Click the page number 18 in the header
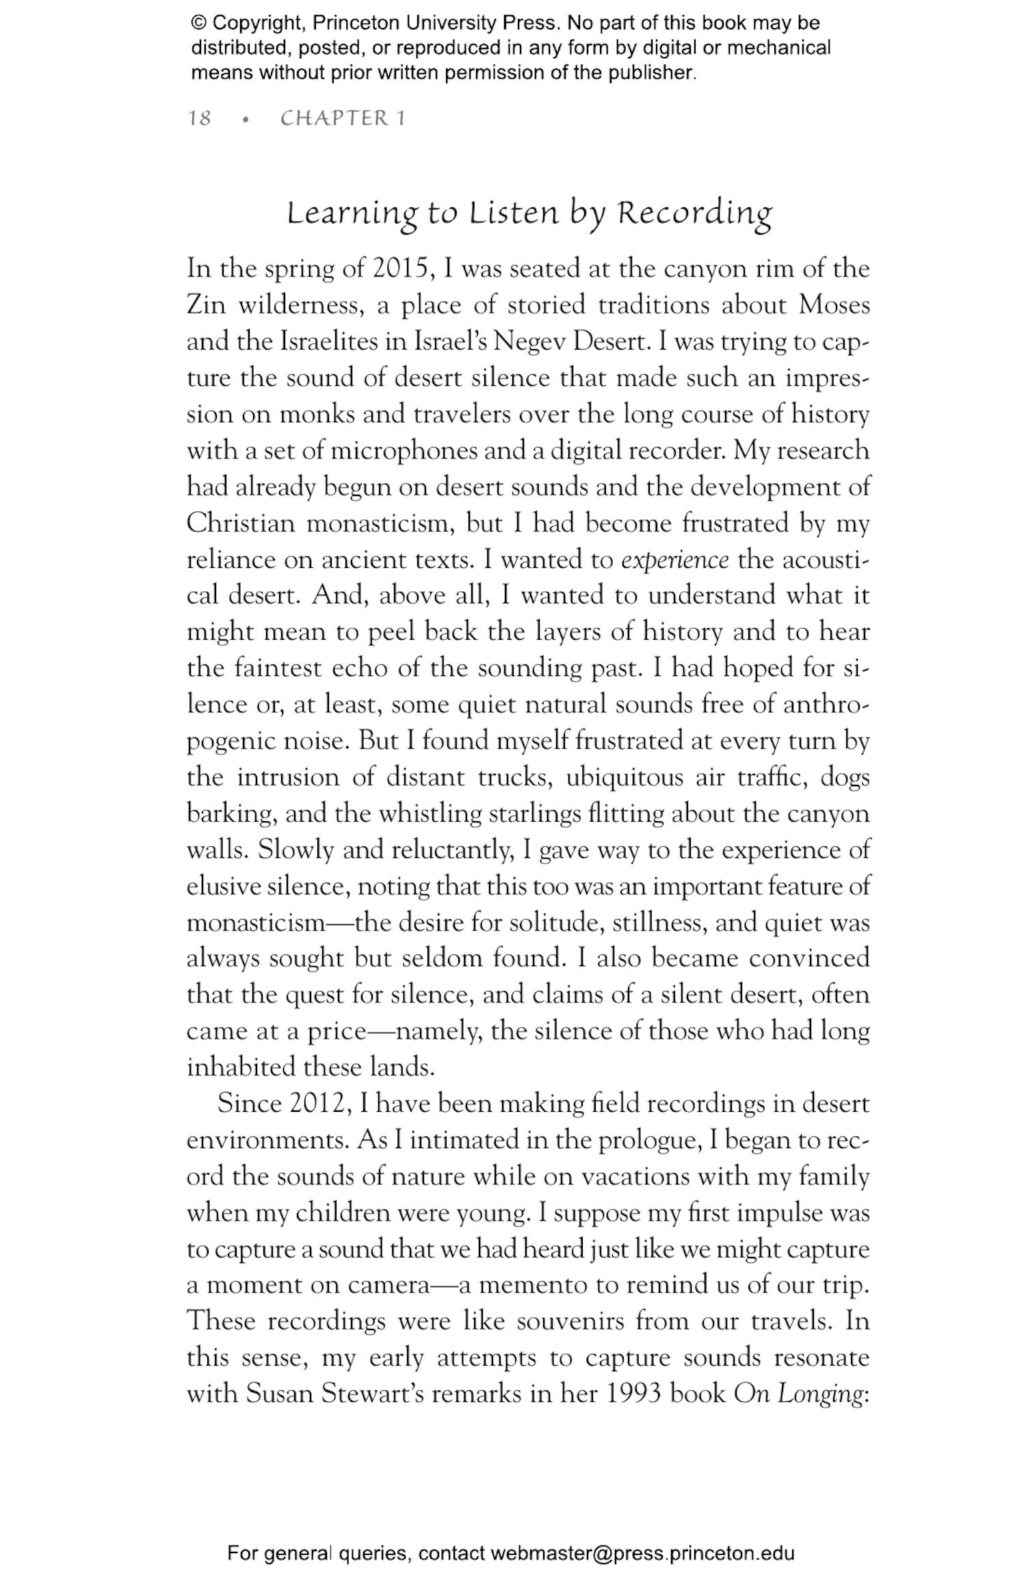point(199,118)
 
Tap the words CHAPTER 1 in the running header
point(343,118)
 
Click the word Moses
point(834,305)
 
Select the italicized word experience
point(674,560)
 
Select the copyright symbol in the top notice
point(198,23)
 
